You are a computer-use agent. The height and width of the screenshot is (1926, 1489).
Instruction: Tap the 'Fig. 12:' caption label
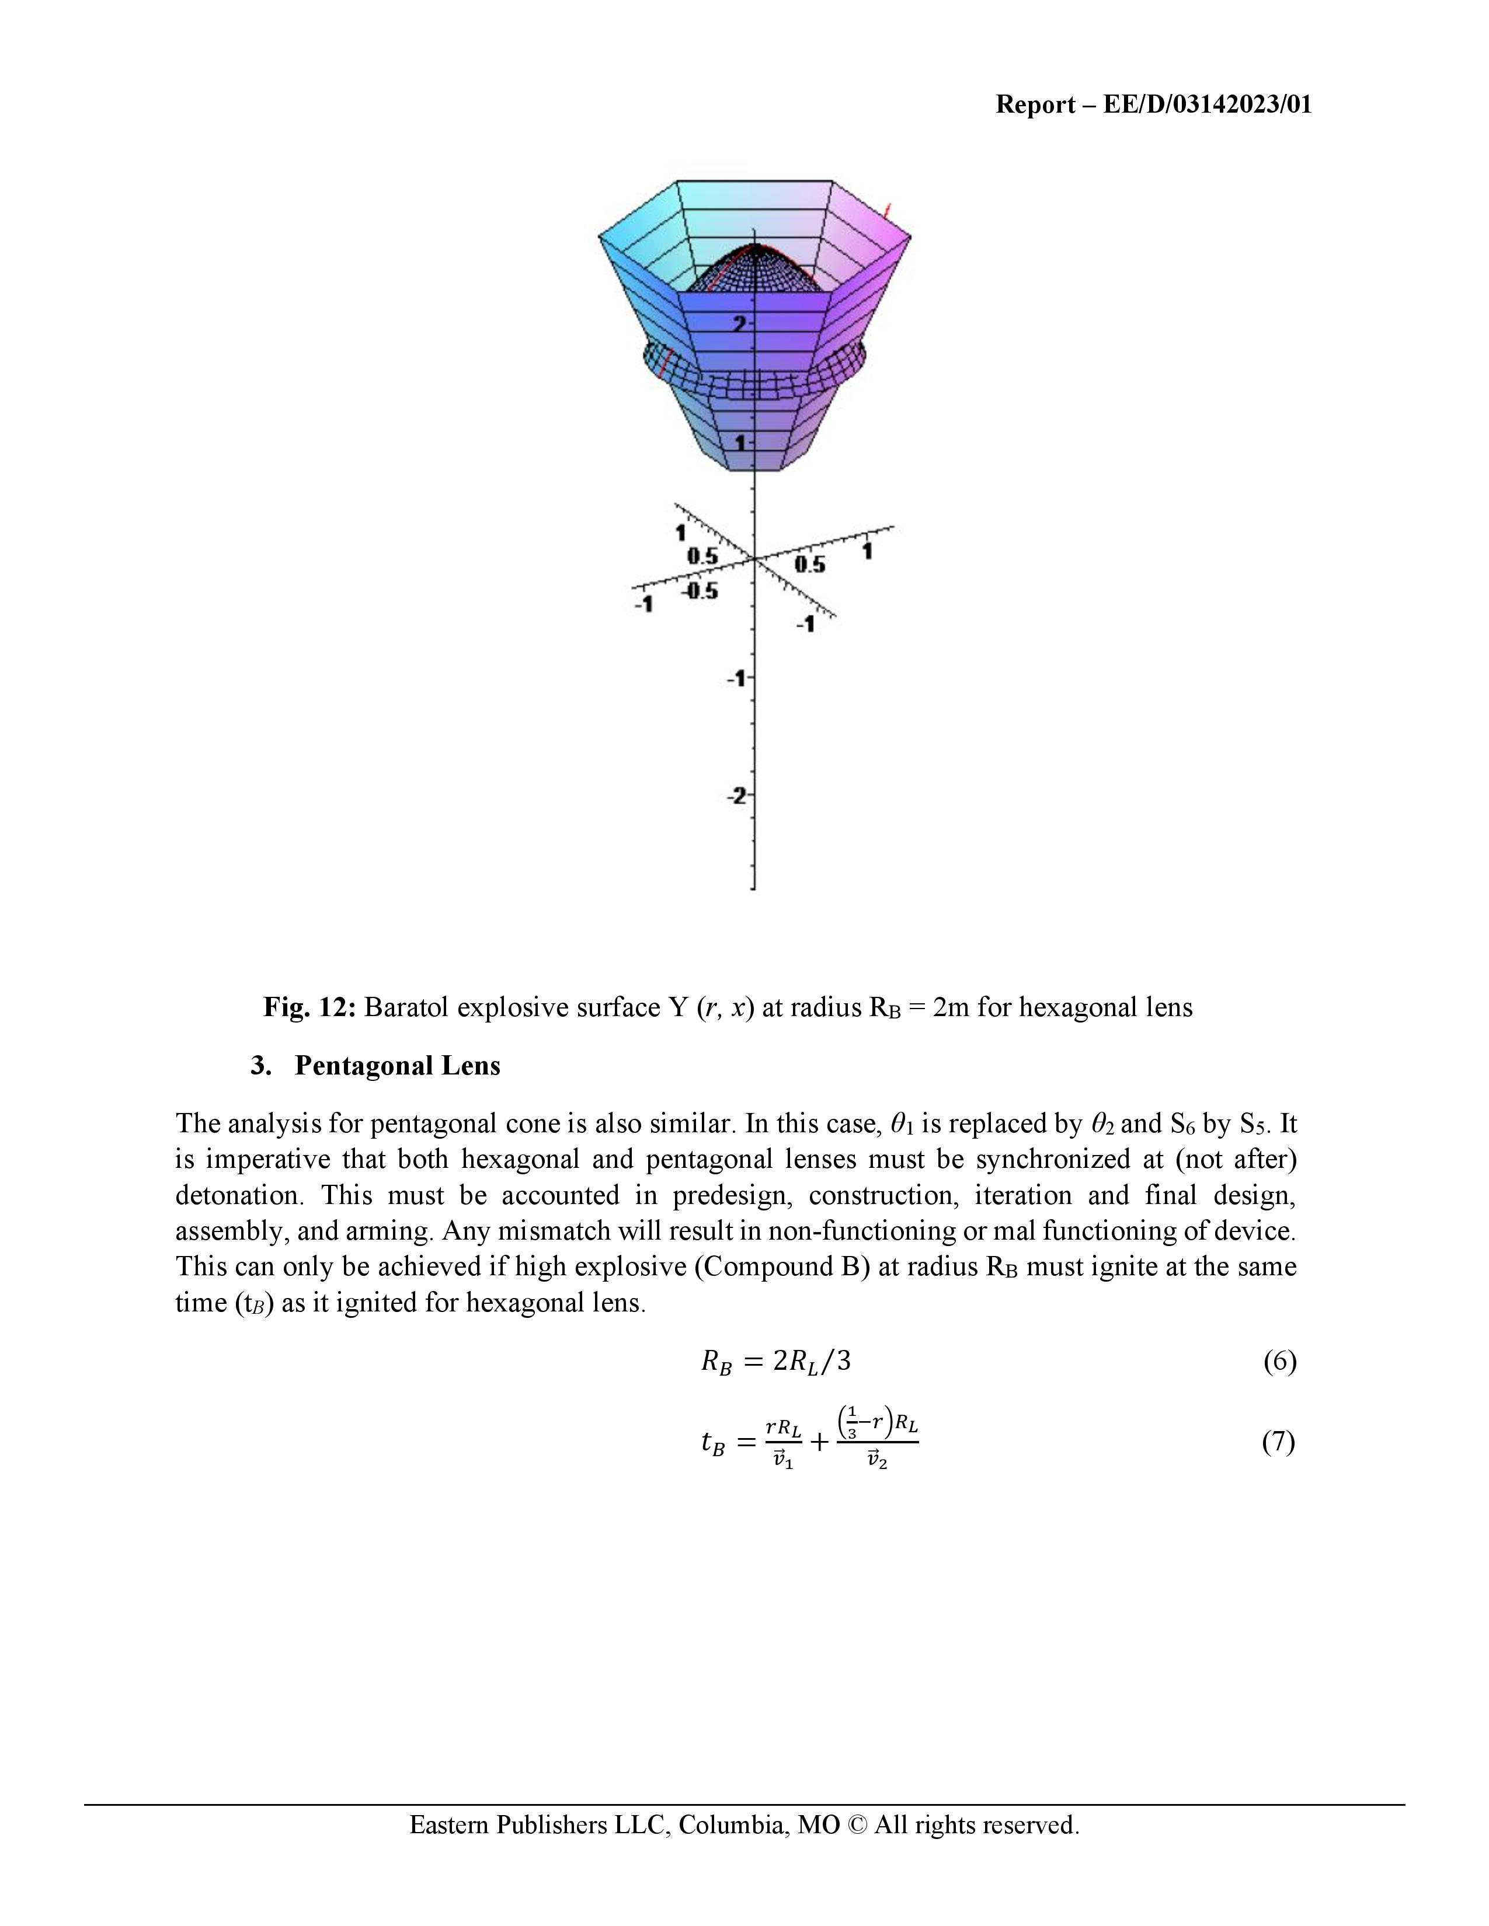coord(309,1007)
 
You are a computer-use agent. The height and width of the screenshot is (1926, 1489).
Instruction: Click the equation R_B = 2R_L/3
coord(776,1362)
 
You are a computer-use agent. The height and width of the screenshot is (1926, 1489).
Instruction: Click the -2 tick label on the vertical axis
coord(736,796)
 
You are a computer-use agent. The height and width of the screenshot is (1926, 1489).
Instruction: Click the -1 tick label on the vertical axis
coord(736,679)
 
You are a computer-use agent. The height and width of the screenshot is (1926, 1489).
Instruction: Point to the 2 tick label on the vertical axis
coord(739,324)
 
